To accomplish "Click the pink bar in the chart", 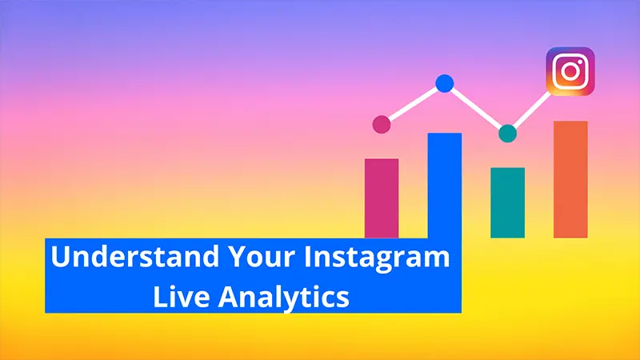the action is (x=382, y=198).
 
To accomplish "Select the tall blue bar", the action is (x=445, y=186).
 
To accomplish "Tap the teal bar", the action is (x=507, y=203).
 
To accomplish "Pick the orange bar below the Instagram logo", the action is (x=570, y=179).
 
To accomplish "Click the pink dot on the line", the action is (x=382, y=124).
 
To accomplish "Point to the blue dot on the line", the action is (x=445, y=84).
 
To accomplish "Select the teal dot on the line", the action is (x=508, y=134).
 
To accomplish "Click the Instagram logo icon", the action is (x=570, y=71).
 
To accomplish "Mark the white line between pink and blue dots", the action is (x=413, y=104).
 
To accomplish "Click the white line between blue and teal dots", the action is (x=476, y=109).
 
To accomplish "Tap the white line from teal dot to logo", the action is (x=530, y=110).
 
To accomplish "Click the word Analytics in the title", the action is (x=284, y=298).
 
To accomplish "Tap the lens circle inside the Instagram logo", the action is (x=570, y=72).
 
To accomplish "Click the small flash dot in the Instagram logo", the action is (x=581, y=62).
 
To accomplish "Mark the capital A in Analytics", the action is (x=229, y=297).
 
